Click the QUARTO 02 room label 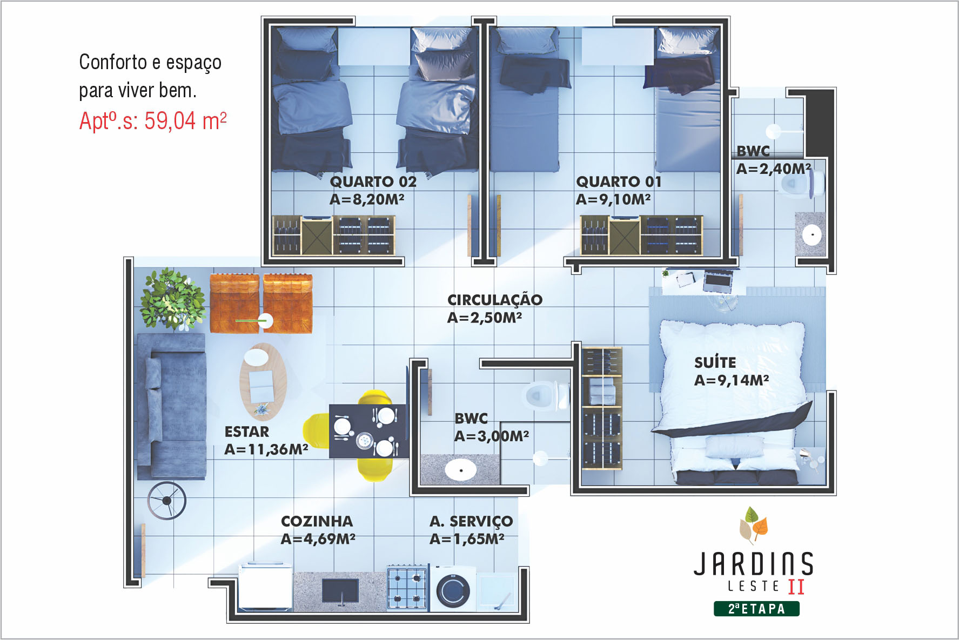373,181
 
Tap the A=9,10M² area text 613,199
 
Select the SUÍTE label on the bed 715,362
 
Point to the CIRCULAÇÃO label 494,300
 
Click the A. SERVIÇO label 471,521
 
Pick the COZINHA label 317,521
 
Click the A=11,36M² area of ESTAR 266,449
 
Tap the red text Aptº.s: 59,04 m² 153,120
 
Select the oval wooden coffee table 263,381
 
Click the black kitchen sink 340,590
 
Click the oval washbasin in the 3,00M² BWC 460,469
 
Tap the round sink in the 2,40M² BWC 812,234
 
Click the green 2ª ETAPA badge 756,609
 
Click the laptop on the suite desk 717,281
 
